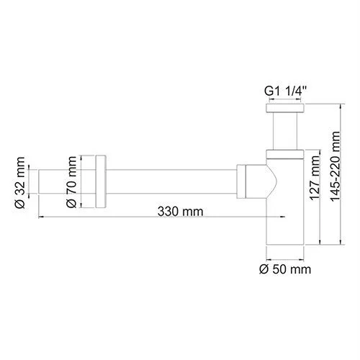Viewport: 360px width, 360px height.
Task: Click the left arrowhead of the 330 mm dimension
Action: coord(40,219)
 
